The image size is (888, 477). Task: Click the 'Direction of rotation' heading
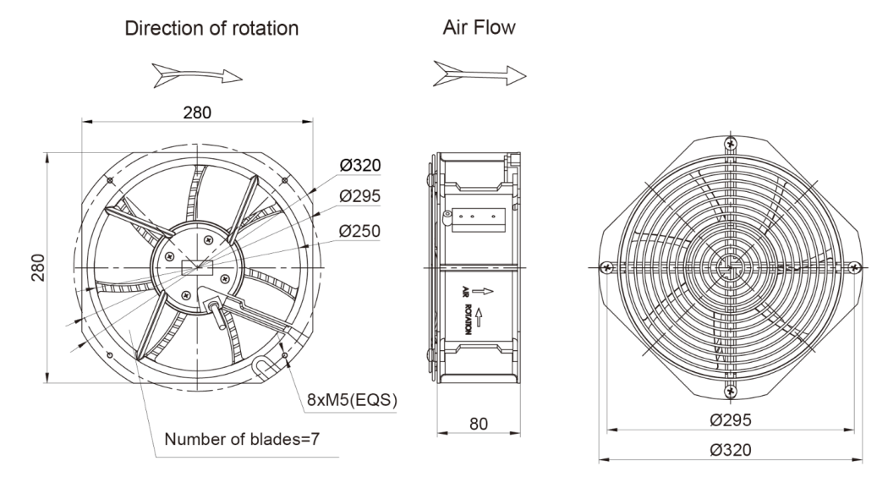[211, 28]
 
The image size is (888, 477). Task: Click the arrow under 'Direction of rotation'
[195, 75]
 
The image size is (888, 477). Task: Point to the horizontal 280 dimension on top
[198, 111]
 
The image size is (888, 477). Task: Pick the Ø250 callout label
[359, 230]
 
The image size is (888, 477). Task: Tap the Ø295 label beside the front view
[359, 197]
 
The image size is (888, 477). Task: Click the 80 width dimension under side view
[479, 423]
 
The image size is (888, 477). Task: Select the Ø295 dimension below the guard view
[732, 420]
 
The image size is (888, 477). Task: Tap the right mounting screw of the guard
[856, 268]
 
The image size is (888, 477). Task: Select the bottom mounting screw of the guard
[732, 391]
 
